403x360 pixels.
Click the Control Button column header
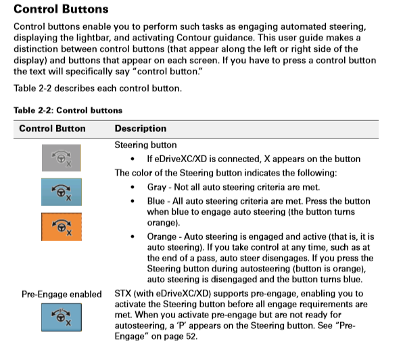pos(52,128)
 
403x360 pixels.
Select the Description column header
pos(140,128)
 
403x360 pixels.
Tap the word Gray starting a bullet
pos(159,186)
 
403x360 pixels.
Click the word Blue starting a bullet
pos(158,201)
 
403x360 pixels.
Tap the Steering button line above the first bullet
pos(145,145)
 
